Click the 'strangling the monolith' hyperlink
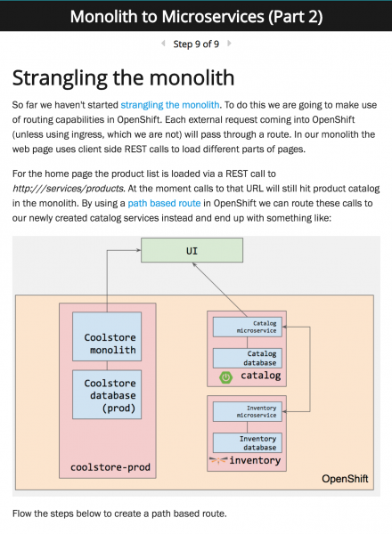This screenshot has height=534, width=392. click(170, 105)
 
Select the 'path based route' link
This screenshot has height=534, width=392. click(164, 203)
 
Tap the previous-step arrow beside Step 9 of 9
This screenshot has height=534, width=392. click(163, 44)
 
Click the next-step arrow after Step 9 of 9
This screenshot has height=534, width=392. click(229, 44)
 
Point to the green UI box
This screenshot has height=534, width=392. click(192, 250)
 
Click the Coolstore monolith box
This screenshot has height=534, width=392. click(107, 336)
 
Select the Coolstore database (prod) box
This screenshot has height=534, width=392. click(107, 394)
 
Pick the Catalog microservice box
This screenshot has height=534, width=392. click(248, 327)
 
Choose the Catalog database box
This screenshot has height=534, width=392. click(248, 358)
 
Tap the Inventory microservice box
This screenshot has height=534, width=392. click(248, 412)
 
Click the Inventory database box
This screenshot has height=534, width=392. click(248, 442)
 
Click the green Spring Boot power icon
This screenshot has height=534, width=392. click(225, 377)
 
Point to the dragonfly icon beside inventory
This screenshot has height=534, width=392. click(218, 460)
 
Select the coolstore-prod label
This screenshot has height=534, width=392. click(110, 467)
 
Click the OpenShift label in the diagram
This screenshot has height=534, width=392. click(345, 479)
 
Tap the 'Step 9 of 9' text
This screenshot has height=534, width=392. click(196, 44)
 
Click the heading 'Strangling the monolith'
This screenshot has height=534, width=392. click(124, 78)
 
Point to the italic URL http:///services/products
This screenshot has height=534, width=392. click(69, 189)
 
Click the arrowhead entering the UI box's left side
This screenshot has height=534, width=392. click(138, 250)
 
